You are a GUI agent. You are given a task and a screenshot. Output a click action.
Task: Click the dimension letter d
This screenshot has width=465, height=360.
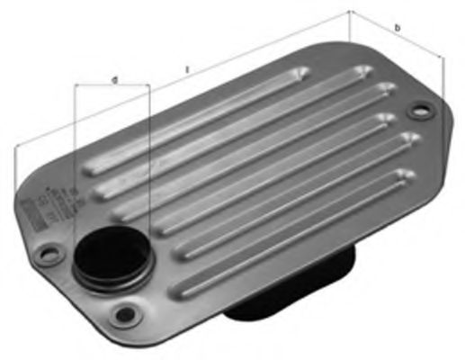point(114,80)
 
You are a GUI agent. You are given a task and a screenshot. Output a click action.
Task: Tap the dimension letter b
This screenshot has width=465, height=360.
point(398,30)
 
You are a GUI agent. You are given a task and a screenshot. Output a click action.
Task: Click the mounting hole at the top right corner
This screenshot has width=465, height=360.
point(416,112)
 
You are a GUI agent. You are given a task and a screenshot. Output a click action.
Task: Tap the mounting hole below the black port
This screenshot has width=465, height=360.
point(125,314)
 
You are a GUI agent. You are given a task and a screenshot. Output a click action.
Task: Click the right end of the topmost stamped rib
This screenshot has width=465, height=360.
point(359,71)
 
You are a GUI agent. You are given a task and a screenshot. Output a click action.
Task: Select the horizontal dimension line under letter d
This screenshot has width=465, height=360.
point(112,86)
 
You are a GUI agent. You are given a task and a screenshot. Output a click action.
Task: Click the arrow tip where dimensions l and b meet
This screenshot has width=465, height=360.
point(350,13)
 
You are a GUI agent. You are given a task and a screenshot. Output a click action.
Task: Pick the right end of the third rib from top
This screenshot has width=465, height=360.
point(388,118)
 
